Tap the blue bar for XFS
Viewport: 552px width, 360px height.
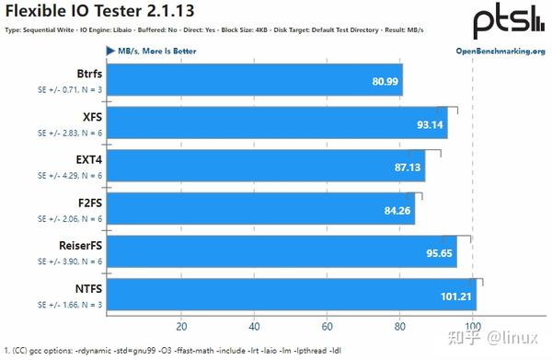tap(276, 123)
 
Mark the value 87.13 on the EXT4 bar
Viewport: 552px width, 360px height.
tap(407, 167)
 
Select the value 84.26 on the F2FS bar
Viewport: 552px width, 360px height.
tap(397, 209)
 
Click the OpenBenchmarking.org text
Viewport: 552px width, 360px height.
tap(500, 51)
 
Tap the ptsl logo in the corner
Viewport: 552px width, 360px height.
tap(509, 20)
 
